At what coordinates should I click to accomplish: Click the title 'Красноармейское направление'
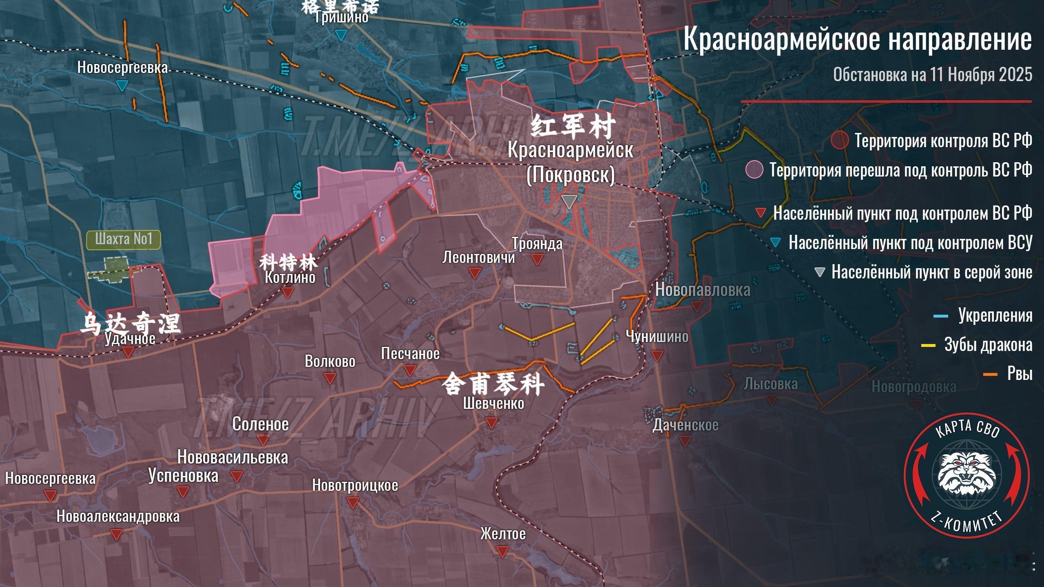857,39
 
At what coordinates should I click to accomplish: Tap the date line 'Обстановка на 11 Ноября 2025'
932,75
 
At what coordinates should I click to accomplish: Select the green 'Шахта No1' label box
124,240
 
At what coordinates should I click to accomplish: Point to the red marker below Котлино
288,292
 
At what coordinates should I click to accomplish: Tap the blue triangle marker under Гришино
341,35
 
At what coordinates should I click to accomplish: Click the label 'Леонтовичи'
478,258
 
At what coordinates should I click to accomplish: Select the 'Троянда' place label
537,244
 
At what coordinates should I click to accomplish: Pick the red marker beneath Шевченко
492,422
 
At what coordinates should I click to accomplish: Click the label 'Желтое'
503,534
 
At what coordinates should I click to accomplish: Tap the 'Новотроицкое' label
355,485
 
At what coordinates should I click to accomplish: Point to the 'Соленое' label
260,424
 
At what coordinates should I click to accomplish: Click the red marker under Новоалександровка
117,534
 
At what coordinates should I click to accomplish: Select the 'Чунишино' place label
657,337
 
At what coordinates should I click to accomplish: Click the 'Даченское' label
685,425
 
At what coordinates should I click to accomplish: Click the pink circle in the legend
754,169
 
